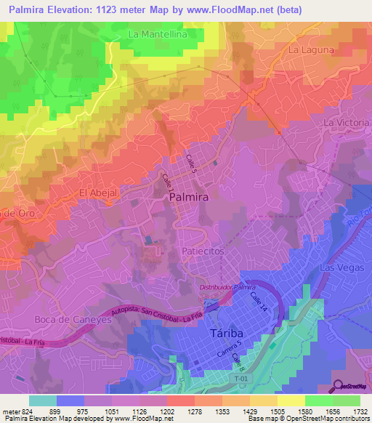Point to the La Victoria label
[346, 123]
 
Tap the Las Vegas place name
[336, 268]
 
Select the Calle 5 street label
[192, 162]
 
